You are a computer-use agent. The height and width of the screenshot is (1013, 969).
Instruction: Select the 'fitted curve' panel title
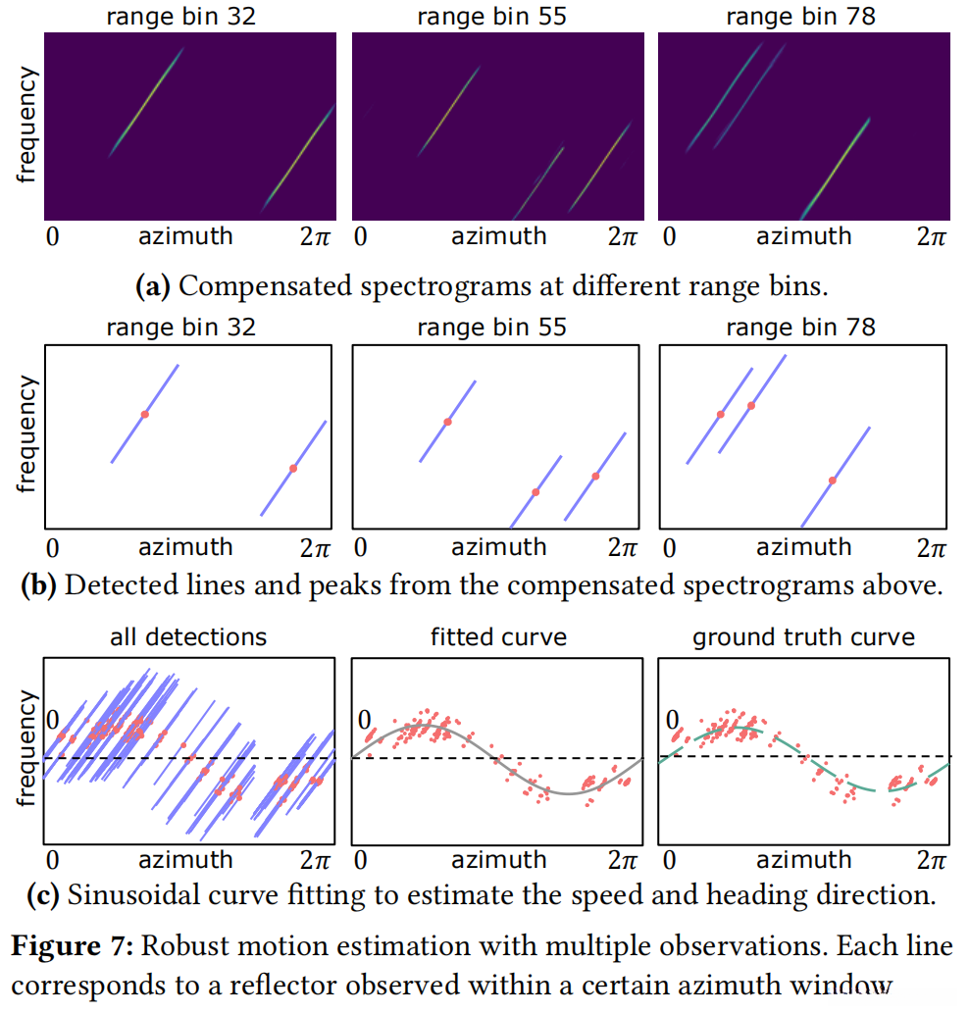(x=498, y=636)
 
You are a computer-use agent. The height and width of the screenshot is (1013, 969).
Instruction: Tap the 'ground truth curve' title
(x=803, y=636)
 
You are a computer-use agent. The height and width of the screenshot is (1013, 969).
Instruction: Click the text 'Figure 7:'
(x=72, y=948)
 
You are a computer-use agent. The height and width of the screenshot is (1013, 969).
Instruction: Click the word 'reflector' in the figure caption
(x=287, y=984)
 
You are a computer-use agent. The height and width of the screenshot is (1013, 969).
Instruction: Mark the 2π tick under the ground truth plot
(x=930, y=860)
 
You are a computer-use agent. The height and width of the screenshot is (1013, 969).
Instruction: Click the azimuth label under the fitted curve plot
(x=499, y=860)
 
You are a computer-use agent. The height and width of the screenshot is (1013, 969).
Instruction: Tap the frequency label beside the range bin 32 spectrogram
(x=26, y=125)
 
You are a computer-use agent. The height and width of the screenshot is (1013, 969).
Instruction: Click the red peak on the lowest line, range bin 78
(x=832, y=480)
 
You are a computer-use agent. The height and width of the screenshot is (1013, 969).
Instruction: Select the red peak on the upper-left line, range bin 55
(x=447, y=422)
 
